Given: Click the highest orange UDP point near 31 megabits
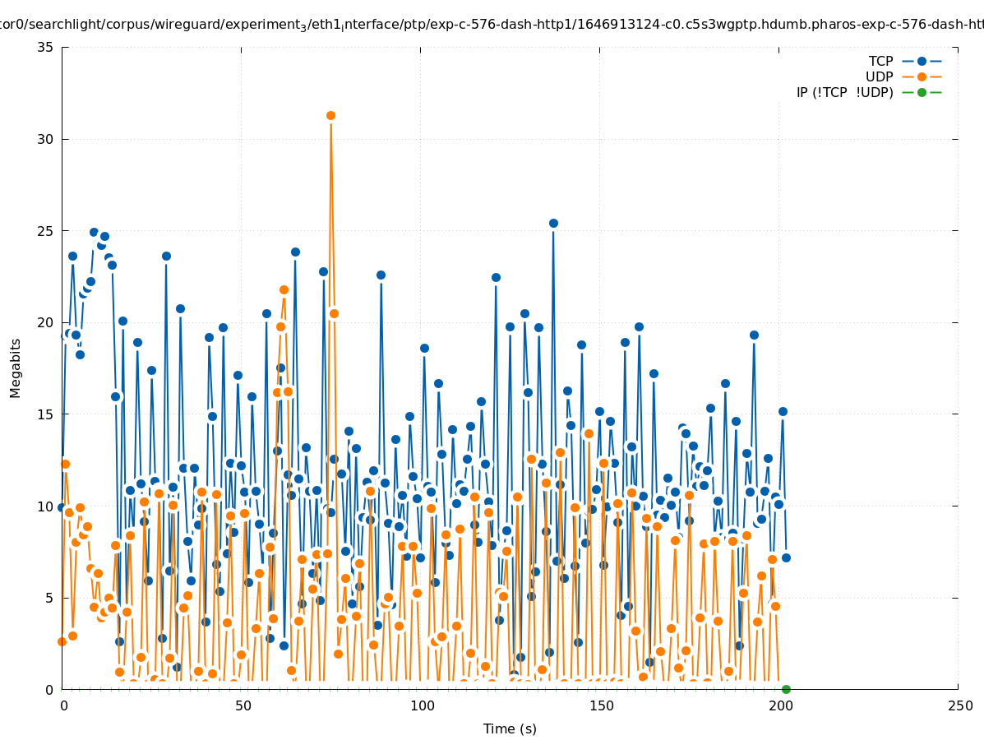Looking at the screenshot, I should pos(330,115).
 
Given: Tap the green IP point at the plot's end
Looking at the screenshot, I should pos(786,689).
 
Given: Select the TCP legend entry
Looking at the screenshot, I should pos(880,61).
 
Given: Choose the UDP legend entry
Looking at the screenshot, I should pos(879,76).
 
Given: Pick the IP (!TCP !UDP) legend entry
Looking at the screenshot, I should pos(844,92).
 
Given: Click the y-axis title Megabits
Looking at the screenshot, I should pos(16,368).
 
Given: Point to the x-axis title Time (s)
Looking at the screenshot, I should pos(510,728).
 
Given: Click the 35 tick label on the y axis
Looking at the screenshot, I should pos(46,48).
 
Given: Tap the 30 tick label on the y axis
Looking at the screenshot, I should pos(46,139).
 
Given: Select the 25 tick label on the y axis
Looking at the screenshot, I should pos(46,231).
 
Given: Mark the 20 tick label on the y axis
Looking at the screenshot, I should pos(46,322).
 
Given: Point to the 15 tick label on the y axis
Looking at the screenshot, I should pos(46,414).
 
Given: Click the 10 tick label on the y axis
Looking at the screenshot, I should pos(46,506).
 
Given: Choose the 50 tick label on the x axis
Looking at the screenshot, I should pos(243,705).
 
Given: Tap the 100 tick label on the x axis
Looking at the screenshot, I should pos(422,705).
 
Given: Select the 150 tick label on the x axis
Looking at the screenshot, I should pos(601,705).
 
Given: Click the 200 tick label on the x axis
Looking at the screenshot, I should pos(780,705).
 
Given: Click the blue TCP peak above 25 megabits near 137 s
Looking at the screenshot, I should pos(553,223).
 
